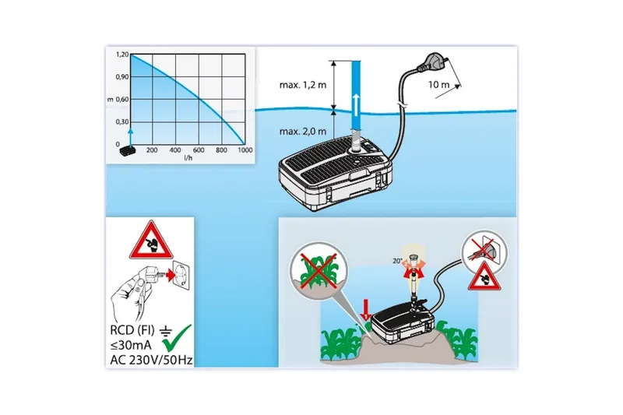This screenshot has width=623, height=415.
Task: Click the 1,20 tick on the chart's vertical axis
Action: tap(122, 55)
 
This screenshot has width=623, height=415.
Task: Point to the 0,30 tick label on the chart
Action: tap(122, 122)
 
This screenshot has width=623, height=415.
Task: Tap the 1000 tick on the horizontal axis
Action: tap(245, 150)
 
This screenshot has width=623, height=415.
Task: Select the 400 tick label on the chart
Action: tap(175, 150)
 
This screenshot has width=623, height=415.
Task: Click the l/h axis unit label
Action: tap(188, 158)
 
